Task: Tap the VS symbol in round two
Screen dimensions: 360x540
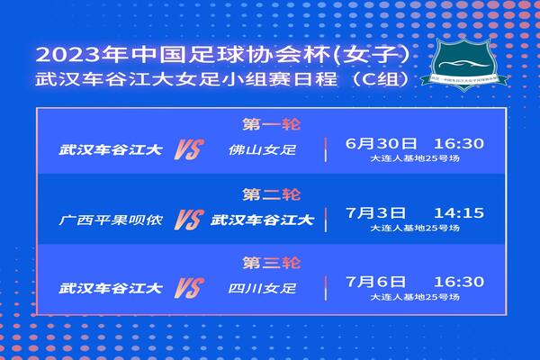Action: click(186, 218)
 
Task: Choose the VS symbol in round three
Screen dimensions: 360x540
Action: click(186, 289)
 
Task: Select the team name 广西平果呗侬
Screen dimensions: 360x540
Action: click(110, 218)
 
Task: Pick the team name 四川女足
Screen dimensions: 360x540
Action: click(257, 289)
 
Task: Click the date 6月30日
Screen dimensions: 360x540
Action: click(382, 143)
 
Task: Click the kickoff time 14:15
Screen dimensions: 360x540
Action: click(459, 213)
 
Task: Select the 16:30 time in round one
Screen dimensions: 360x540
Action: click(459, 143)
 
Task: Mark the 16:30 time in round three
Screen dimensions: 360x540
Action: click(459, 283)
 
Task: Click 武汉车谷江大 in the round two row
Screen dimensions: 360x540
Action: click(262, 218)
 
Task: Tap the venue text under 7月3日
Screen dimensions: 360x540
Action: click(414, 229)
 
